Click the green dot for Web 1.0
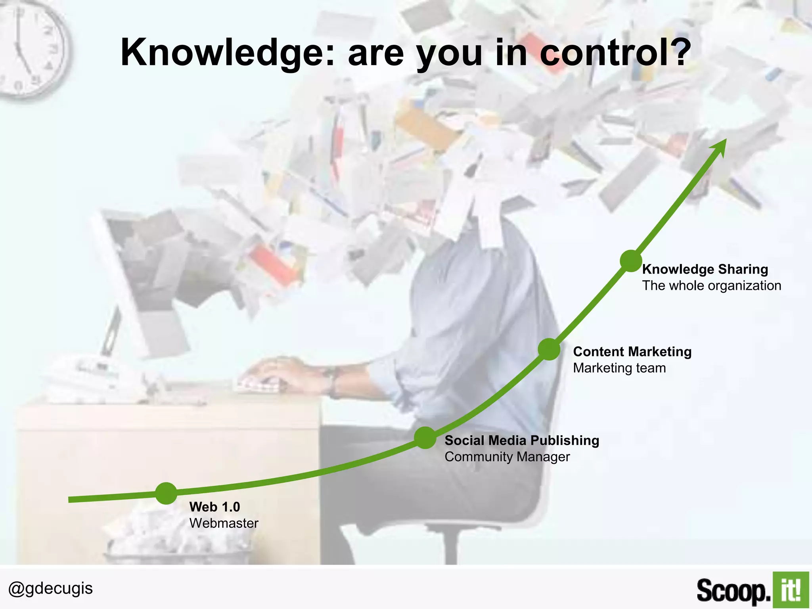(x=166, y=493)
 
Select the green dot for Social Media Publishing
(x=425, y=438)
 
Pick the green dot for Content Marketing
(x=549, y=349)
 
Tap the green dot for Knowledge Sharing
(x=630, y=261)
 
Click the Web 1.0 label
(x=214, y=507)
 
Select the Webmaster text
(x=224, y=523)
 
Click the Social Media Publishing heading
(x=522, y=440)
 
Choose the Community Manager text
(x=507, y=457)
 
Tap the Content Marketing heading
(x=632, y=352)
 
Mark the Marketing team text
(x=619, y=368)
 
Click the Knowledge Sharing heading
(x=705, y=269)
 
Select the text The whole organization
(x=712, y=285)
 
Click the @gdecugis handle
(x=50, y=588)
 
